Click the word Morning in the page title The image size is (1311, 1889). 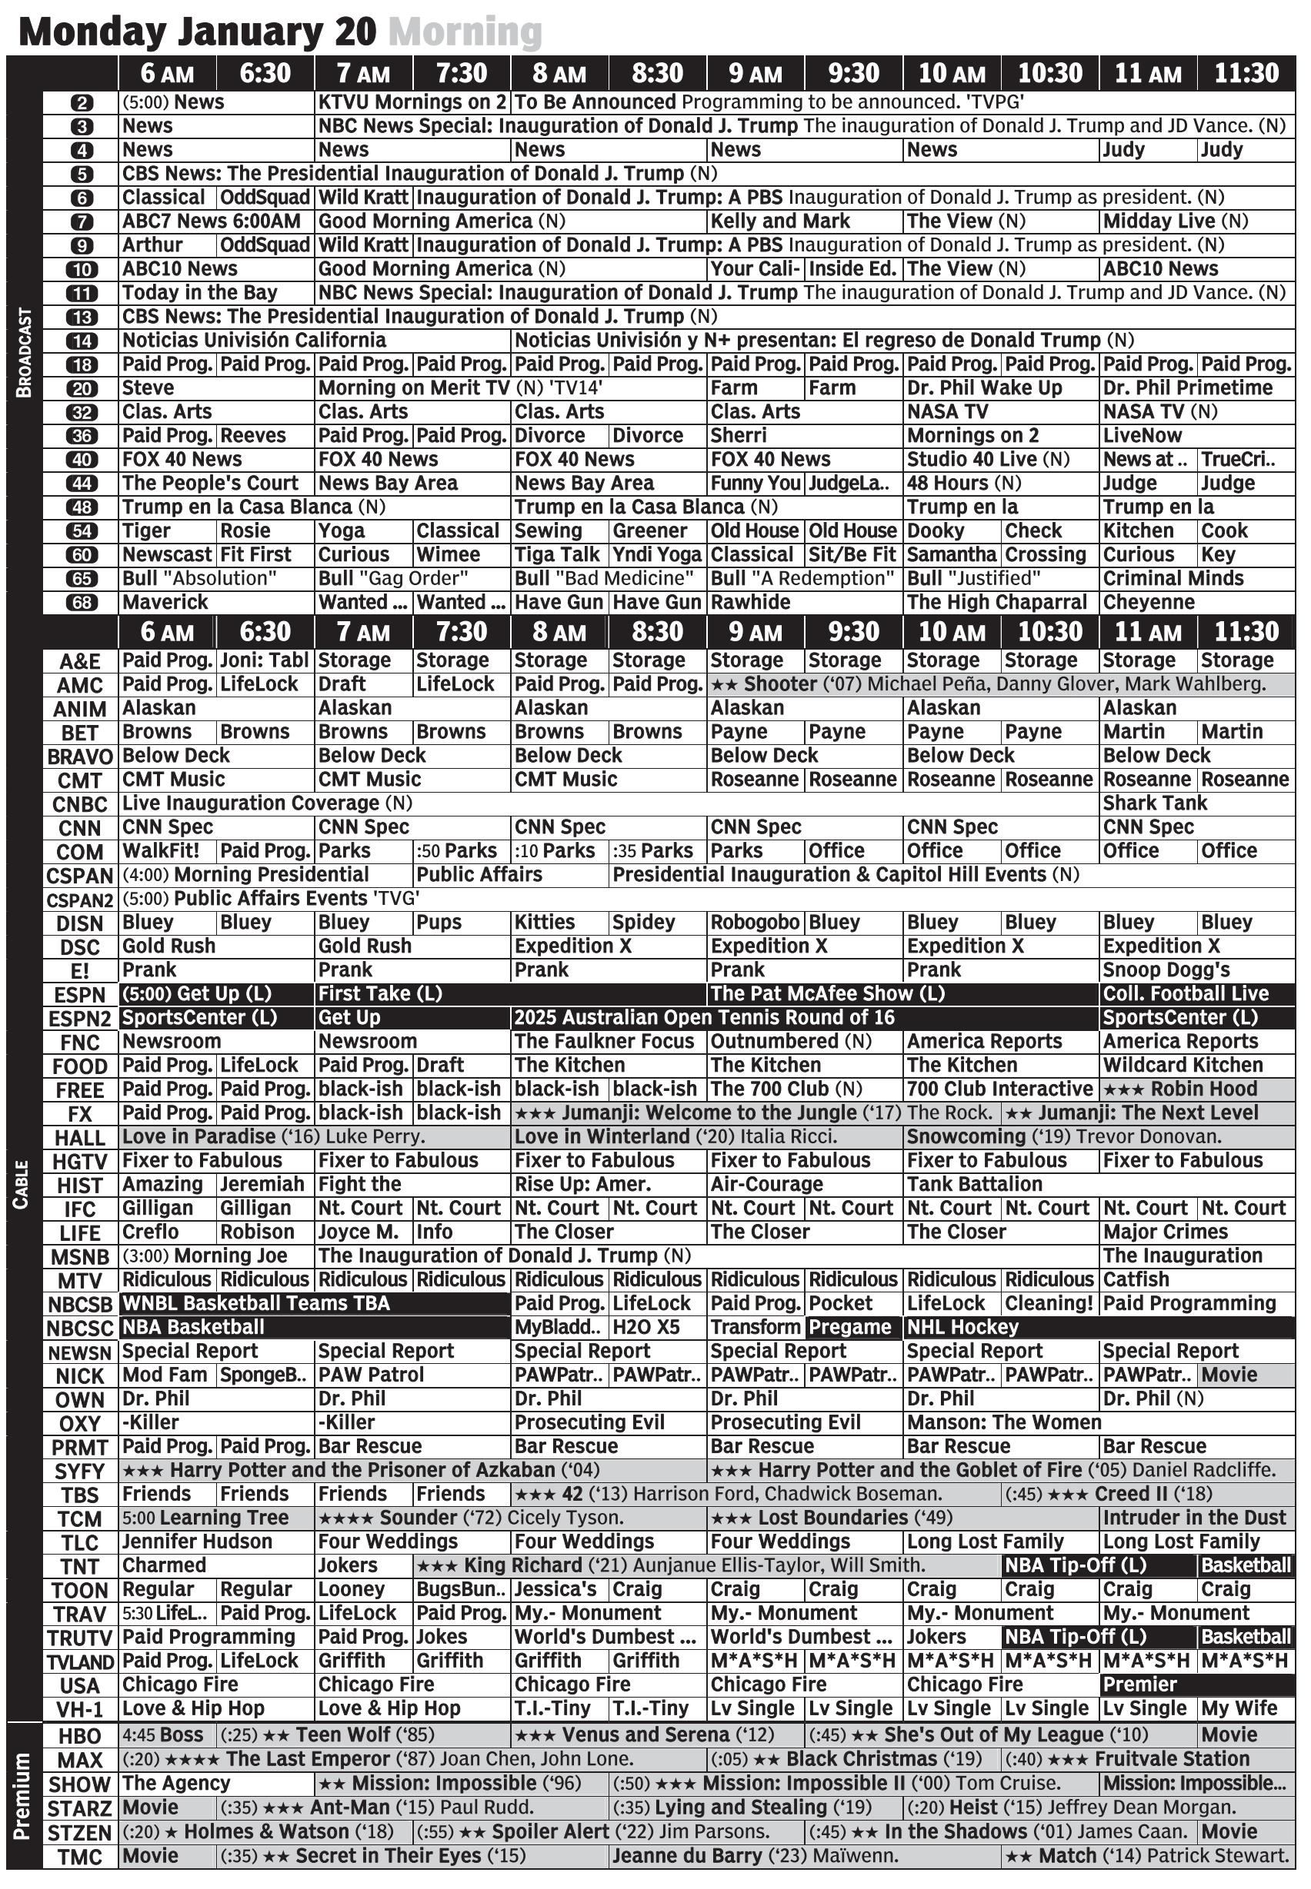pos(465,33)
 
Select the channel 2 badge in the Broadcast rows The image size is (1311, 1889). pos(82,102)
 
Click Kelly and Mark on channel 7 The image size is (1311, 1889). pos(779,221)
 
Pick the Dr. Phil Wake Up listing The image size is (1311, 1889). pos(984,388)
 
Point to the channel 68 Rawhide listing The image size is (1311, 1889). pos(750,603)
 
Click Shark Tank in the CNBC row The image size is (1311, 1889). pos(1155,803)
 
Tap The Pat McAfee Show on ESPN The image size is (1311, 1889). pos(827,994)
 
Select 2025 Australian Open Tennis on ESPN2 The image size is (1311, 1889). pos(704,1018)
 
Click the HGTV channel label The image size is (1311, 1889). pos(80,1162)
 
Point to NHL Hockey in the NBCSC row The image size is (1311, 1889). pos(962,1328)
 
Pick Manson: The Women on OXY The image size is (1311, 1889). pos(1004,1422)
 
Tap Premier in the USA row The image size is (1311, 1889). pos(1140,1684)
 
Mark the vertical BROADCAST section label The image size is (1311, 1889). pos(24,353)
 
